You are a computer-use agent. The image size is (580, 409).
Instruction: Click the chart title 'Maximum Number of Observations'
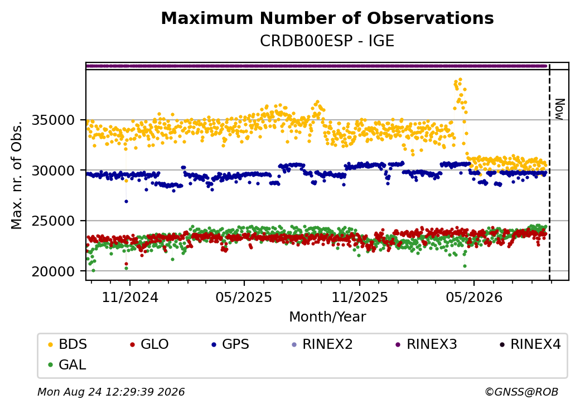327,18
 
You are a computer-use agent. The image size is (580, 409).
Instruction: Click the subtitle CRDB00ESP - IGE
327,41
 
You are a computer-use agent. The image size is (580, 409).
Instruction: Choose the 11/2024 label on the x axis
130,298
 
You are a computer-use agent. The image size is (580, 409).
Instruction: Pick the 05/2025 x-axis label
244,298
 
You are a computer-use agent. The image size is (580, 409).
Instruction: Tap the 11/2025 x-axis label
360,298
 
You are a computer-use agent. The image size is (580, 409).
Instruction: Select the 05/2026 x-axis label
474,298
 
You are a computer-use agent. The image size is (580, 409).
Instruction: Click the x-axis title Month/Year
327,317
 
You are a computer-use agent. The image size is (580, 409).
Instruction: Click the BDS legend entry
67,344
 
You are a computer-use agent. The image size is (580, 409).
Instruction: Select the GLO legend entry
149,344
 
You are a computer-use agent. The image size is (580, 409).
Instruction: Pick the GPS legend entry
230,344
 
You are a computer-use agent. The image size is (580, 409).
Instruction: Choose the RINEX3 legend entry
427,344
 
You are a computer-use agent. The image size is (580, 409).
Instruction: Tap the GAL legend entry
67,364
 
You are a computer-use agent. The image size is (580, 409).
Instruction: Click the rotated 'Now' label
559,109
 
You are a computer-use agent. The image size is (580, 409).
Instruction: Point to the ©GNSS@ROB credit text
521,392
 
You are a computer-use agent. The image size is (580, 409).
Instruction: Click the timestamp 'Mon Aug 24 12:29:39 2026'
111,392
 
